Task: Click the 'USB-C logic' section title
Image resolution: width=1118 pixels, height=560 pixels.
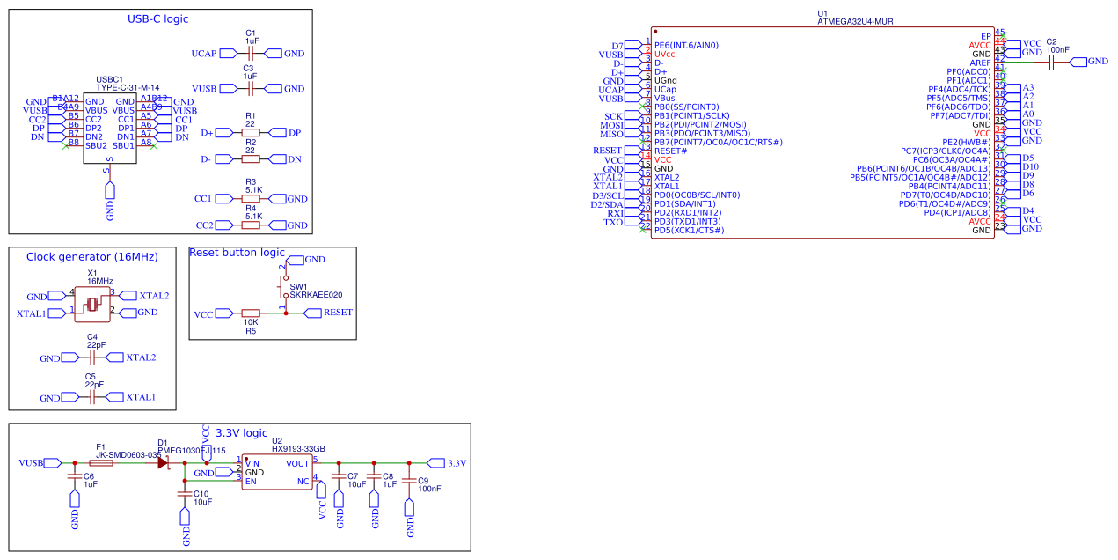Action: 158,18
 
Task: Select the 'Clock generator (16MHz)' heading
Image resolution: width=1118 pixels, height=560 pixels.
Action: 92,256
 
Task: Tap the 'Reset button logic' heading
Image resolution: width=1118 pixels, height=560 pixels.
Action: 237,253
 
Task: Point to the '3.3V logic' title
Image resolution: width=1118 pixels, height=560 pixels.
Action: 241,432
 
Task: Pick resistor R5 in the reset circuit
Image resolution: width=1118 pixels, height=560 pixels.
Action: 251,313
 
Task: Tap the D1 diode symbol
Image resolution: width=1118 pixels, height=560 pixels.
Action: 164,461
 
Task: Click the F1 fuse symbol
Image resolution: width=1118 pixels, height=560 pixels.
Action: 101,461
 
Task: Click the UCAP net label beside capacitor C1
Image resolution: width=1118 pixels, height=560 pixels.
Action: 203,54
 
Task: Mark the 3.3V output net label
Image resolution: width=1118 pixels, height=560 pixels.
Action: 457,462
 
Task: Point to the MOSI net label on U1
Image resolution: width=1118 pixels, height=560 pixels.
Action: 611,125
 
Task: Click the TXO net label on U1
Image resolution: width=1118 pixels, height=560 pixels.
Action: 613,222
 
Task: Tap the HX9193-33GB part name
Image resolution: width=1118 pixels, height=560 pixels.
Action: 298,448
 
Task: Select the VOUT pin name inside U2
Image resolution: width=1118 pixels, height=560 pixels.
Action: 297,463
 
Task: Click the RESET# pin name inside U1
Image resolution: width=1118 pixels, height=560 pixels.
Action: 671,151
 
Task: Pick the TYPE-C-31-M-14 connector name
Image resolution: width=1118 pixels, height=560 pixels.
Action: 128,88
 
